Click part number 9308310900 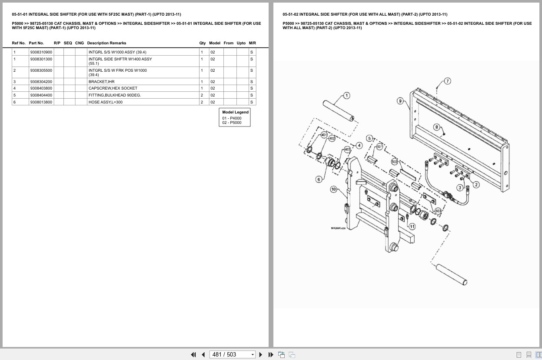click(x=41, y=52)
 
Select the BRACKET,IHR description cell click(x=102, y=82)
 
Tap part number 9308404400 click(x=41, y=95)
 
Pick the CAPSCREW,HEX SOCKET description click(x=113, y=88)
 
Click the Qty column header click(x=203, y=43)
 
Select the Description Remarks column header click(x=106, y=43)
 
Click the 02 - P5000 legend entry click(x=232, y=123)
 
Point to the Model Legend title click(x=235, y=112)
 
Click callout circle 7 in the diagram click(x=447, y=81)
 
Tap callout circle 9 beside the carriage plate click(x=400, y=101)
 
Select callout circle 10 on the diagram click(x=333, y=189)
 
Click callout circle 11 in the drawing click(x=412, y=226)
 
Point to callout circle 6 click(x=319, y=179)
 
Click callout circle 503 click(x=438, y=211)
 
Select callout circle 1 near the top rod click(x=346, y=96)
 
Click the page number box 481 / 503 click(x=232, y=354)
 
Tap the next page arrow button click(x=261, y=354)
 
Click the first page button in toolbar click(x=193, y=354)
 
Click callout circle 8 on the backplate click(x=436, y=127)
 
